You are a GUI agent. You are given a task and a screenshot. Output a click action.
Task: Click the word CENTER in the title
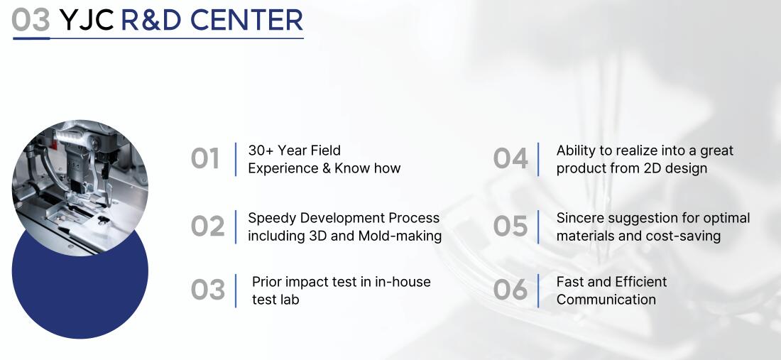click(246, 20)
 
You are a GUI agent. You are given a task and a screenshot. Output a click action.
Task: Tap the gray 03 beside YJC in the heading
click(31, 20)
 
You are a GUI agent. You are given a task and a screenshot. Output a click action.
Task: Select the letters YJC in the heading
click(86, 20)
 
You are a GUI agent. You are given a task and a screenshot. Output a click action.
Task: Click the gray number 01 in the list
click(204, 159)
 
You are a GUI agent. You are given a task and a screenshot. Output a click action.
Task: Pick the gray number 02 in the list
click(208, 227)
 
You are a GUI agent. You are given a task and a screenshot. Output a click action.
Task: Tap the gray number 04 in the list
click(510, 159)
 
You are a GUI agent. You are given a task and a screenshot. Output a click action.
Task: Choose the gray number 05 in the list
click(510, 227)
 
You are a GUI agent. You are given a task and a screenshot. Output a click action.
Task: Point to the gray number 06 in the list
click(510, 290)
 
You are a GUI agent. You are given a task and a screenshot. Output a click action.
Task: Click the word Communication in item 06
click(606, 300)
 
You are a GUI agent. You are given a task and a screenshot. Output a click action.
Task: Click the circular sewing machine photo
click(80, 188)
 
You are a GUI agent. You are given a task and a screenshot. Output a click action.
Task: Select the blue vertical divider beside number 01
click(236, 159)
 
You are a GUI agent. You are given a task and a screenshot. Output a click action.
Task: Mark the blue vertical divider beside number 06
click(538, 291)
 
